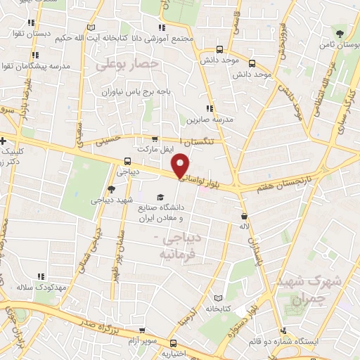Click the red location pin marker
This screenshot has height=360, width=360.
click(x=181, y=165)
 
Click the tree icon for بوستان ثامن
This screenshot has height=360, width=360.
click(x=340, y=33)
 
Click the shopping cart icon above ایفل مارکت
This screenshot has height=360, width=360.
click(x=155, y=139)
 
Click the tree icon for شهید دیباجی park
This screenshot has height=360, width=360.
click(x=111, y=189)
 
